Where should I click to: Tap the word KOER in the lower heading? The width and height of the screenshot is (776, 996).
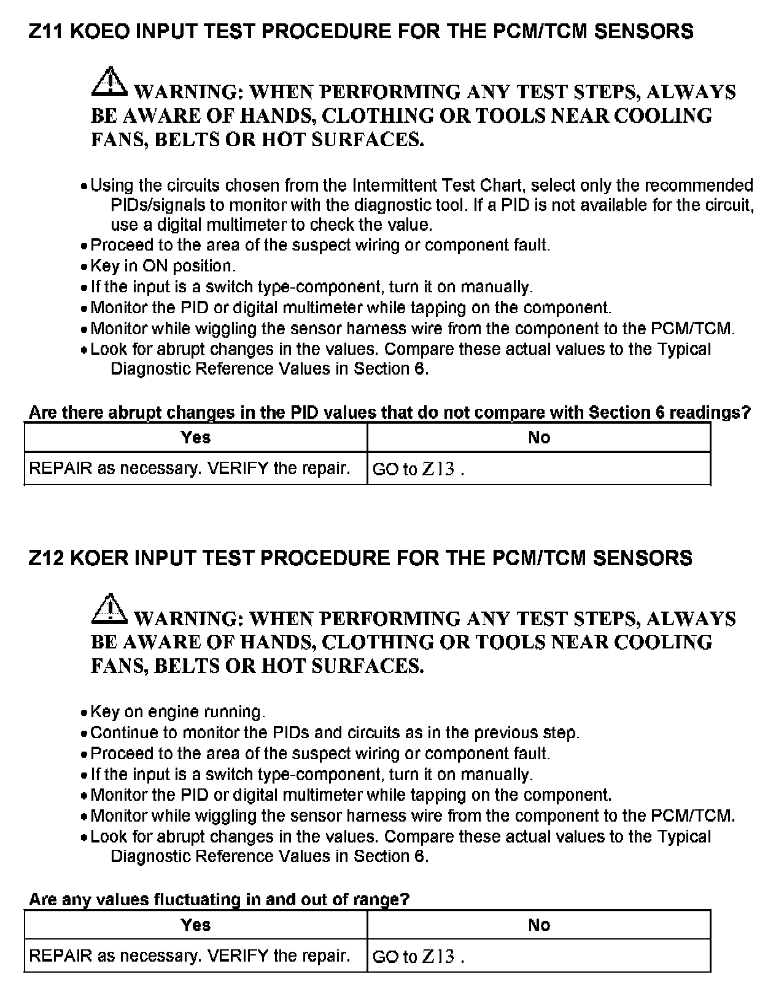[x=99, y=558]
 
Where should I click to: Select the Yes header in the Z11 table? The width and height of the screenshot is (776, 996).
[x=196, y=438]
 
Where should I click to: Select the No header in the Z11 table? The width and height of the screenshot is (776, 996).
[x=539, y=438]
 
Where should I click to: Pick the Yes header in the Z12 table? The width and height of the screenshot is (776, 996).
[x=196, y=925]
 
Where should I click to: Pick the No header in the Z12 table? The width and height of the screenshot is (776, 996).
[x=539, y=925]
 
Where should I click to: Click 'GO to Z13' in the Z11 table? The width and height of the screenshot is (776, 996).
[x=417, y=469]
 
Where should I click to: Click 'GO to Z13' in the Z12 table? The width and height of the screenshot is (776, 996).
[x=417, y=957]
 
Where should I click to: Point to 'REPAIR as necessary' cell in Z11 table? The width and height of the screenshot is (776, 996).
[x=190, y=469]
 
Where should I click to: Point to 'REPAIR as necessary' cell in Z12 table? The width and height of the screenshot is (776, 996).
[x=190, y=956]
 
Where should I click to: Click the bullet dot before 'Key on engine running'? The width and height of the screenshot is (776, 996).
[x=85, y=714]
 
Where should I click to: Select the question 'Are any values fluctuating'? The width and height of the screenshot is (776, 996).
[x=219, y=900]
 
